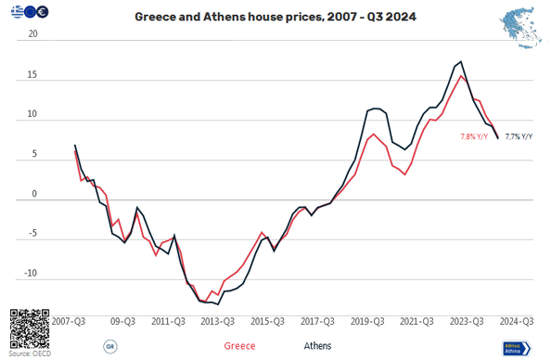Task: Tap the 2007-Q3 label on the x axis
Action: click(x=70, y=321)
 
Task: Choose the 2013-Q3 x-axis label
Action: click(x=217, y=321)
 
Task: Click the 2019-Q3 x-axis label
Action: click(x=367, y=321)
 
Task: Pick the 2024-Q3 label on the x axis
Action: click(x=516, y=321)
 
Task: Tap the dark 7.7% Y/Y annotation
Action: click(x=519, y=136)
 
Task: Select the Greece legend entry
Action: click(x=239, y=346)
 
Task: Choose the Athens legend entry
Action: click(x=319, y=346)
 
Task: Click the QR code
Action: click(x=27, y=328)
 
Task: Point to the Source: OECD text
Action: click(x=30, y=354)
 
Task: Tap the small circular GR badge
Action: click(x=109, y=346)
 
